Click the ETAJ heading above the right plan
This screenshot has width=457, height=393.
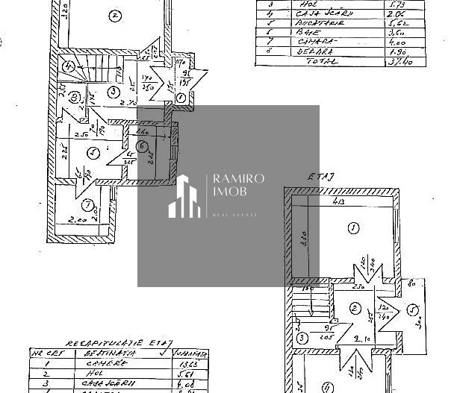click(317, 176)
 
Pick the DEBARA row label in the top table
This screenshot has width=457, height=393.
click(305, 51)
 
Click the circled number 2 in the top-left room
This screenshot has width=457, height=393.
click(114, 14)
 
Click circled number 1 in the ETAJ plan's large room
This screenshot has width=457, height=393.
click(353, 227)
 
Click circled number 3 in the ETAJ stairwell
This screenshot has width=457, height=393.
click(301, 339)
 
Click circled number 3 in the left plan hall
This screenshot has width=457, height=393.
click(113, 91)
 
